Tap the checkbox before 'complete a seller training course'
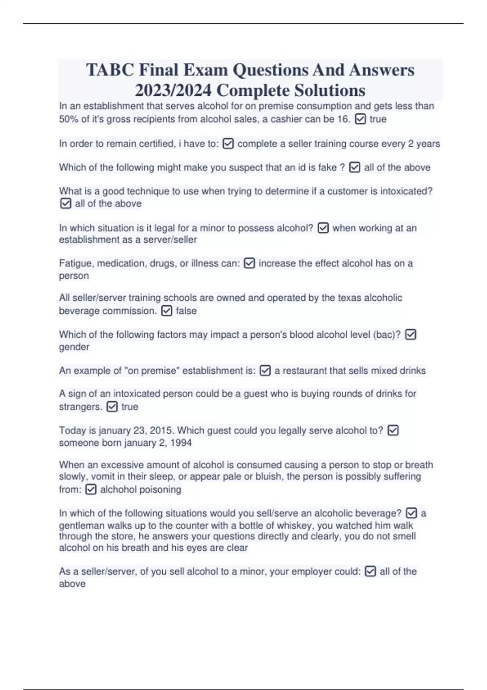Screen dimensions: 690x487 228,144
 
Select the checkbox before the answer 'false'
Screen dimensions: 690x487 166,311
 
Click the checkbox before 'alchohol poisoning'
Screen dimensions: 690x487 91,489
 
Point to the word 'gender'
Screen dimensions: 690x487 74,347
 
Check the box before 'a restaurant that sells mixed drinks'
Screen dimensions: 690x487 265,371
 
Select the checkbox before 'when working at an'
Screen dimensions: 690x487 323,228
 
